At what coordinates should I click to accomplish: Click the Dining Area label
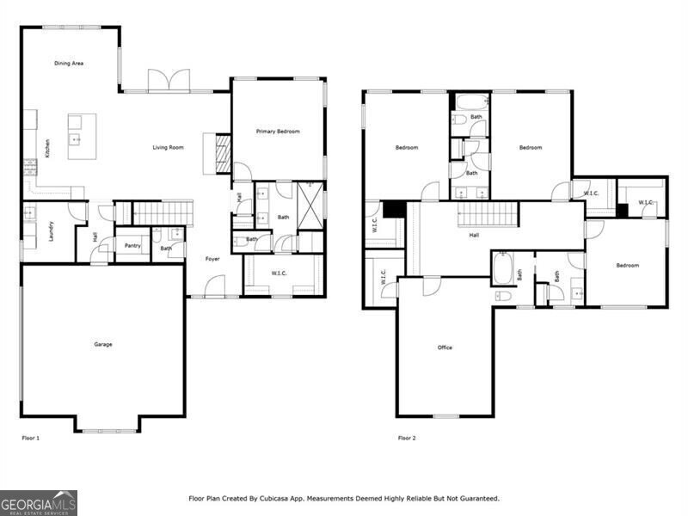[x=69, y=63]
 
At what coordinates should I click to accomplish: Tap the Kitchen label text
[x=48, y=148]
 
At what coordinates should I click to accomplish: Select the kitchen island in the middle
[x=82, y=136]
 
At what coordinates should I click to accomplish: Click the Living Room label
[x=168, y=148]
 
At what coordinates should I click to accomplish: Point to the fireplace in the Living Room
[x=222, y=154]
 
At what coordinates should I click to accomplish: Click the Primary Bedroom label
[x=278, y=131]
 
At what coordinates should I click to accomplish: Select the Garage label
[x=103, y=344]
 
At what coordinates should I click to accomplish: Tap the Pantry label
[x=132, y=245]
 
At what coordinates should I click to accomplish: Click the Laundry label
[x=52, y=230]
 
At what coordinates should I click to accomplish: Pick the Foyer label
[x=212, y=258]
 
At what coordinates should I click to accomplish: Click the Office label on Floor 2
[x=445, y=347]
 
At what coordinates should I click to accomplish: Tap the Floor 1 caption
[x=31, y=438]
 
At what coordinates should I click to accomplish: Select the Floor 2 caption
[x=407, y=438]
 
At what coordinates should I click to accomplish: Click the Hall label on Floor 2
[x=474, y=234]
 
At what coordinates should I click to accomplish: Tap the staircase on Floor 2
[x=487, y=213]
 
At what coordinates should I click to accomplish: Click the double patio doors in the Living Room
[x=168, y=80]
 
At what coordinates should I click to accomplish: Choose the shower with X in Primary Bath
[x=310, y=205]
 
